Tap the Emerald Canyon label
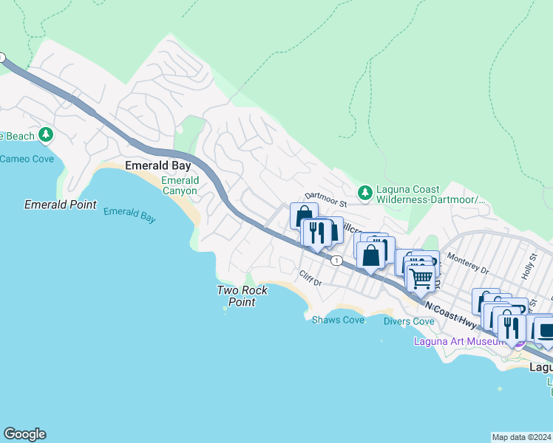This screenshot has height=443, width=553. pos(180,185)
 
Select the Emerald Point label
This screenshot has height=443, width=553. pos(61,205)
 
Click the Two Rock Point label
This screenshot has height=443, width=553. pos(242,296)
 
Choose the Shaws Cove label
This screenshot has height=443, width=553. pos(338,320)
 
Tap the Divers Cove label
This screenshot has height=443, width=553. pos(409,321)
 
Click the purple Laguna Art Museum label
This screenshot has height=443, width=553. pos(464,341)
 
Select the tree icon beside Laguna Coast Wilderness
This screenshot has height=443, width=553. pos(364,193)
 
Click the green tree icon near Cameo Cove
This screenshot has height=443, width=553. pos(47,134)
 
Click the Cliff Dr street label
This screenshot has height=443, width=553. pos(311,279)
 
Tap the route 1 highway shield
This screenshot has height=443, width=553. pos(336,260)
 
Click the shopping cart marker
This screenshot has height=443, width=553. pos(421,278)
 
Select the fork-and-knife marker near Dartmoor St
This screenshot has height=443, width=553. pos(316,232)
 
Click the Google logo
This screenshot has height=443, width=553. pos(24,434)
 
